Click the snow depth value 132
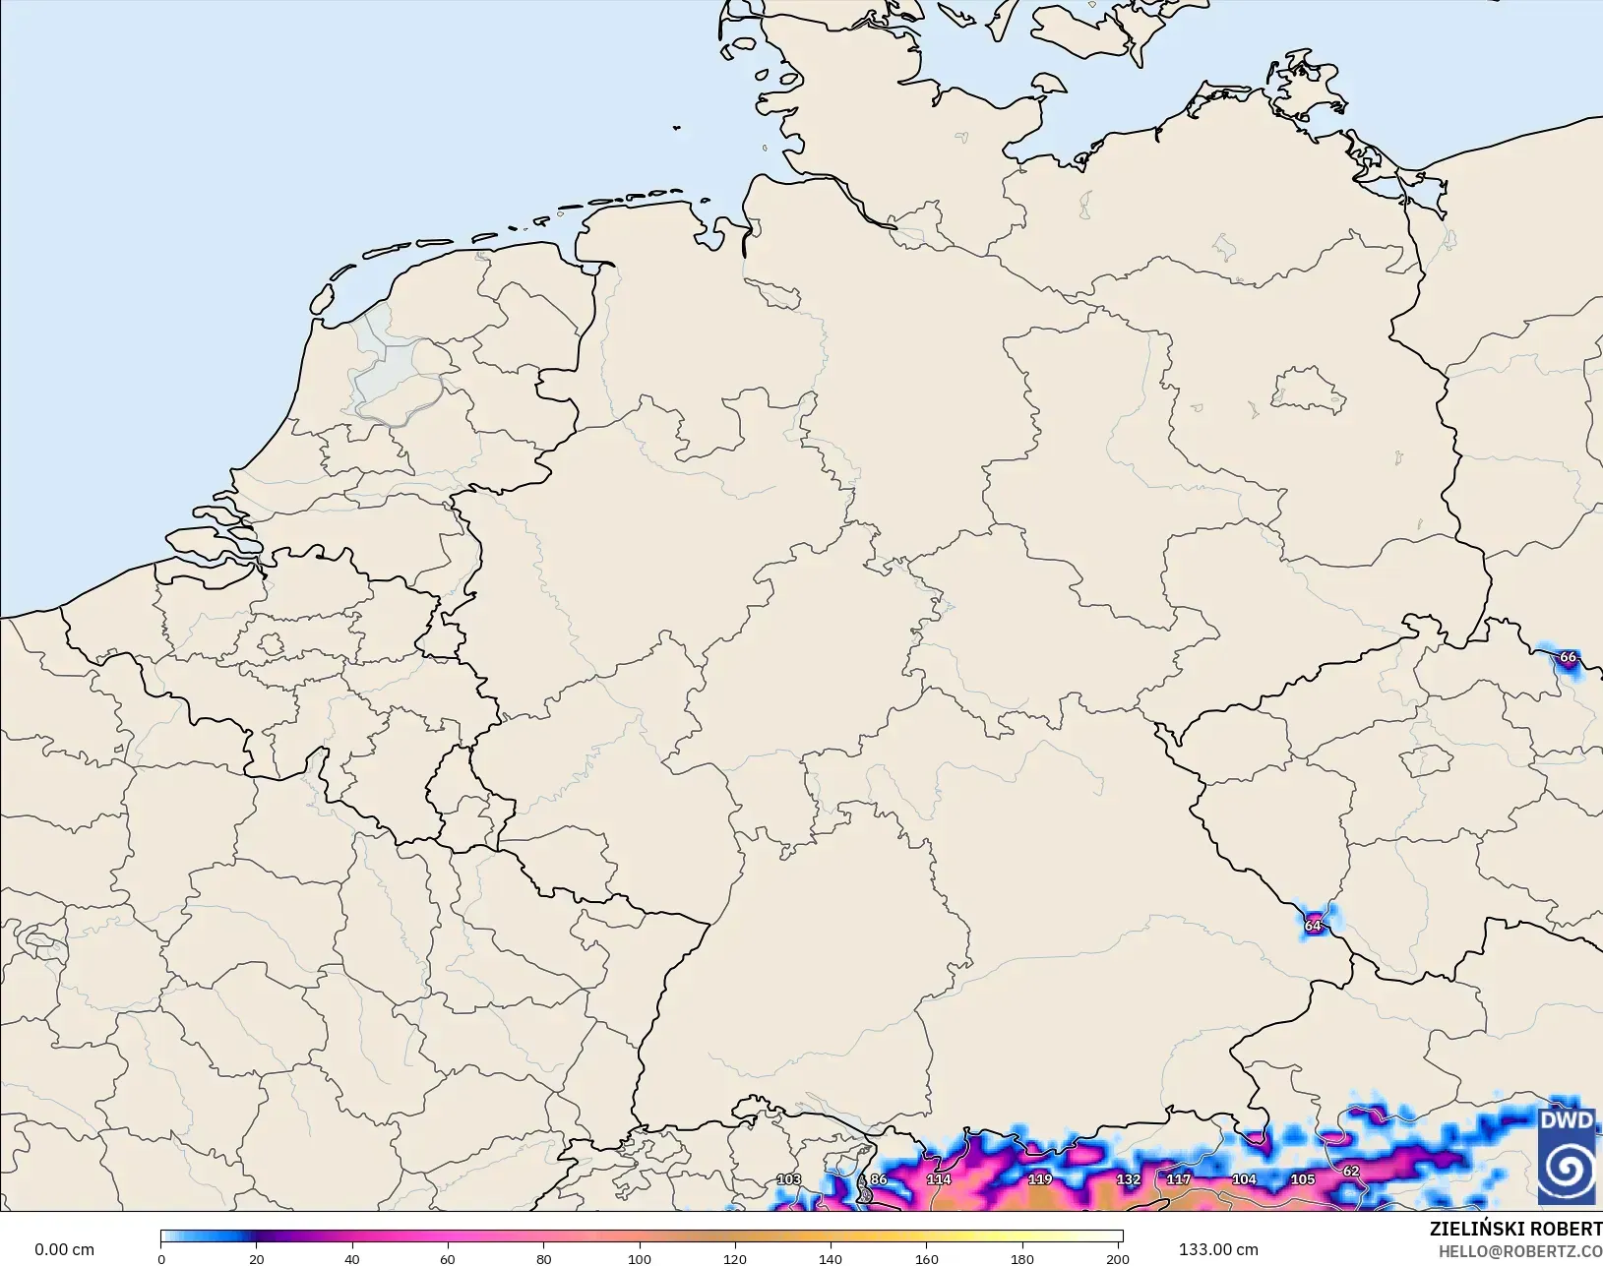coord(1128,1179)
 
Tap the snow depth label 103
coord(788,1179)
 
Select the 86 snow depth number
coord(879,1179)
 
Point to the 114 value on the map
coord(939,1179)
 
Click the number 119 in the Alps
coord(1040,1179)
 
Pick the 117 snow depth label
coord(1178,1179)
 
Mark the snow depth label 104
coord(1244,1179)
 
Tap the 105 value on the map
coord(1303,1179)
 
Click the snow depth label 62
coord(1351,1172)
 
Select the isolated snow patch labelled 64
coord(1313,926)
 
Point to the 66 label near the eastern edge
coord(1568,657)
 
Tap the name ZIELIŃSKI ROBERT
coord(1515,1230)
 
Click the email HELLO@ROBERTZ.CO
coord(1520,1251)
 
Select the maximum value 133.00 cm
coord(1218,1249)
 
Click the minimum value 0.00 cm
coord(64,1249)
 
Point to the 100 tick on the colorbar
coord(640,1258)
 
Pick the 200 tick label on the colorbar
coord(1117,1258)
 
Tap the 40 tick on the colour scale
coord(352,1258)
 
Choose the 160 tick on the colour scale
coord(926,1258)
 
